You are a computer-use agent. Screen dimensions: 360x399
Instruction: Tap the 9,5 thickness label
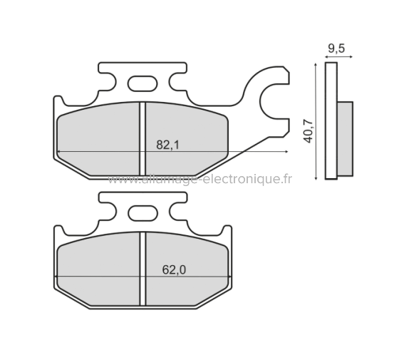[x=337, y=48]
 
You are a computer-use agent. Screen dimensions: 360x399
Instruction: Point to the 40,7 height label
[x=309, y=130]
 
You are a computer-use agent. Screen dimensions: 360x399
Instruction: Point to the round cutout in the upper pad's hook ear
[x=275, y=101]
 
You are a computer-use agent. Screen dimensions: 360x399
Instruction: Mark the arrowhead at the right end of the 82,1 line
[x=285, y=153]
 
